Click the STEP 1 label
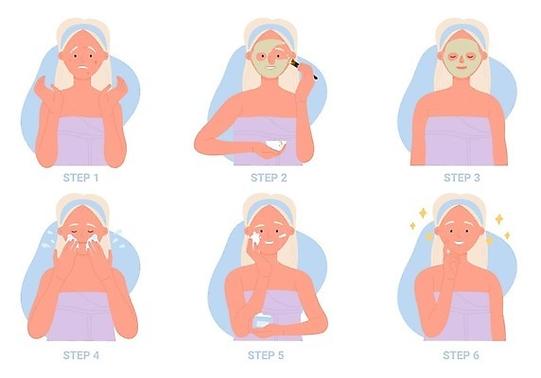click(x=80, y=178)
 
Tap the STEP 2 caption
click(x=269, y=178)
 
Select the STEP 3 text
click(x=462, y=178)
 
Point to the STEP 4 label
click(x=81, y=355)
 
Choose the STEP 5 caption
click(x=266, y=355)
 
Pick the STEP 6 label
click(x=461, y=355)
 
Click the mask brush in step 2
click(x=304, y=69)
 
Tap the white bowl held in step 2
click(x=276, y=146)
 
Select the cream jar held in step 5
click(x=263, y=321)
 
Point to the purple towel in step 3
click(x=458, y=141)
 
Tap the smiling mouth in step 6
click(x=458, y=243)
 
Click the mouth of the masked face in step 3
click(x=462, y=67)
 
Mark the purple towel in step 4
click(x=81, y=317)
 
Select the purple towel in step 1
click(x=80, y=141)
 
